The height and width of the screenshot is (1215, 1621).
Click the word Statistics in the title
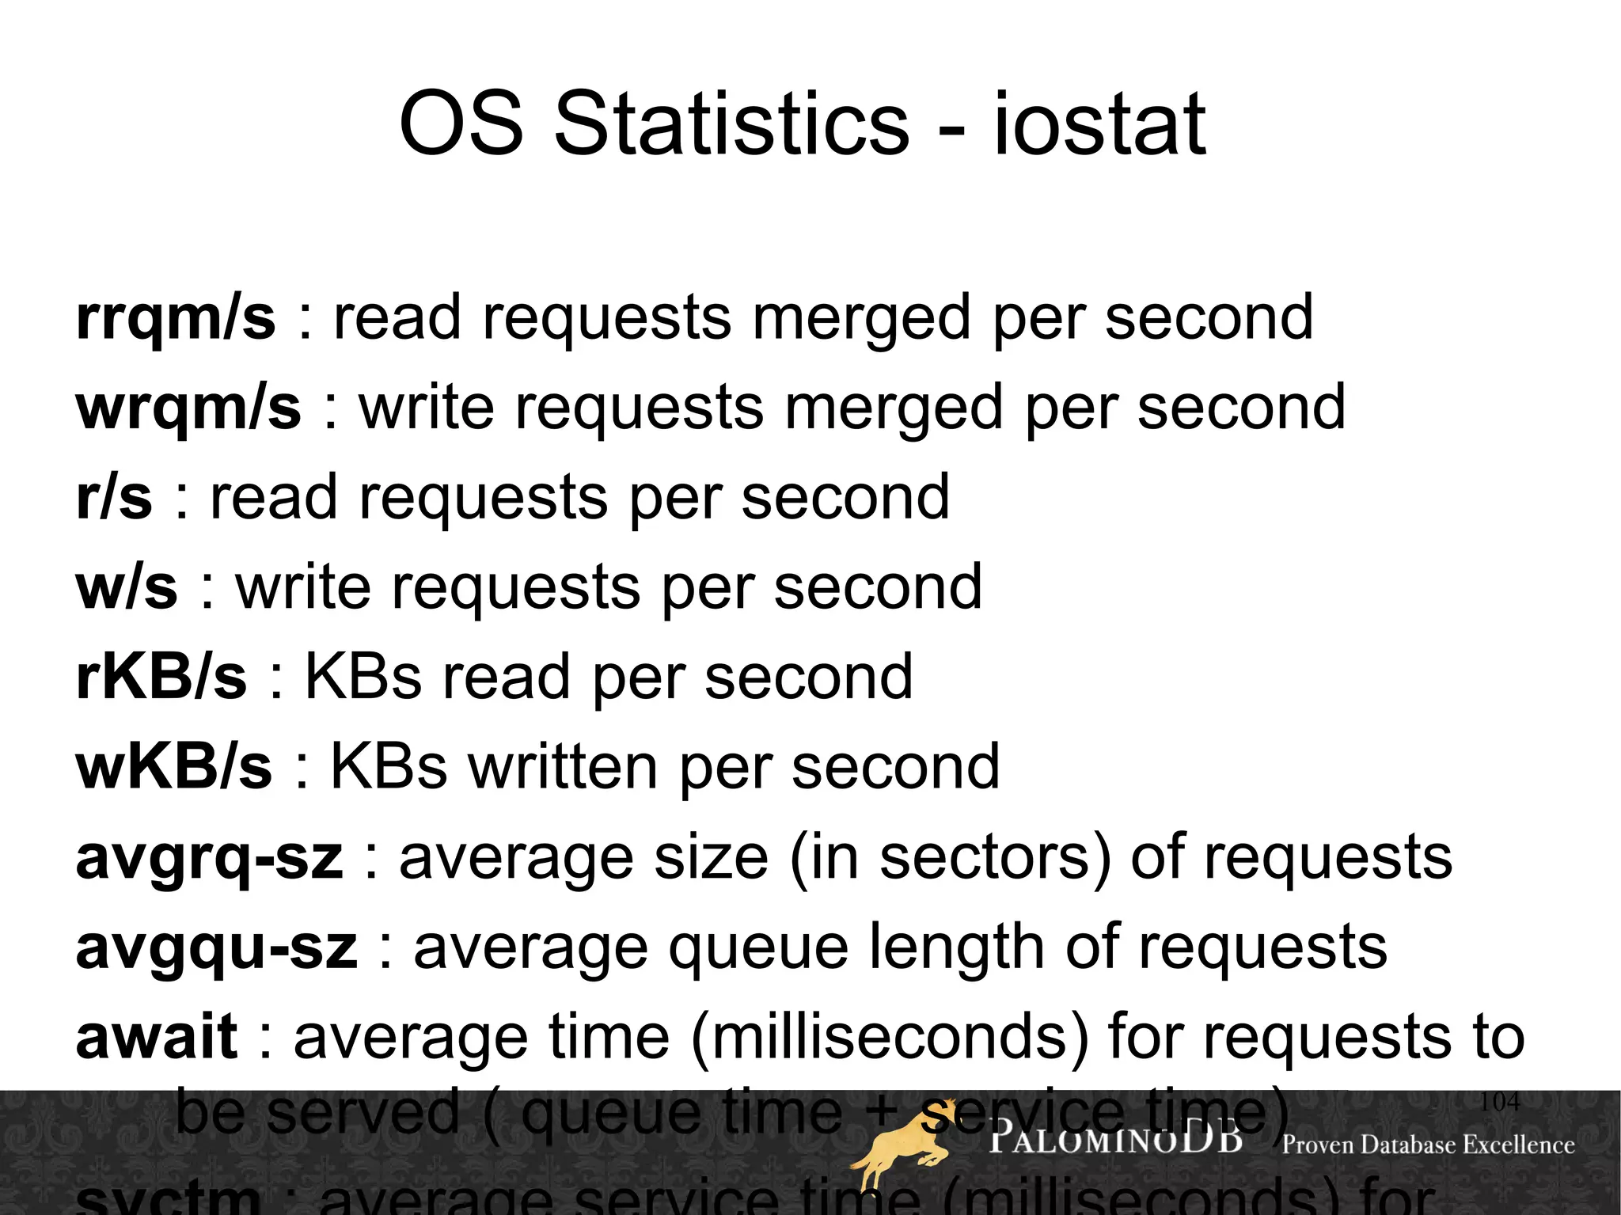click(x=731, y=124)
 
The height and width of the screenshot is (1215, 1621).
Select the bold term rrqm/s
click(x=176, y=318)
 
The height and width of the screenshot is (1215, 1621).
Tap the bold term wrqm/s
click(x=188, y=408)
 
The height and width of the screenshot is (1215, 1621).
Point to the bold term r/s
click(x=114, y=497)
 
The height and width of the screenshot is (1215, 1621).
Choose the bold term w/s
click(x=127, y=587)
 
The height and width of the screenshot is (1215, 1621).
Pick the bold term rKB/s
click(x=161, y=677)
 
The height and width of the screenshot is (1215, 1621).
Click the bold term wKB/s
click(x=174, y=767)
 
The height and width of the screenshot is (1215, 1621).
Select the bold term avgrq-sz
click(x=210, y=858)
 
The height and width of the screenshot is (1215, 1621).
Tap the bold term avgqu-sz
click(x=216, y=947)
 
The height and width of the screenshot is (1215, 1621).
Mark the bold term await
click(x=157, y=1037)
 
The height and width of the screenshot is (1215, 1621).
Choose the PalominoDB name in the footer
click(x=1115, y=1140)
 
